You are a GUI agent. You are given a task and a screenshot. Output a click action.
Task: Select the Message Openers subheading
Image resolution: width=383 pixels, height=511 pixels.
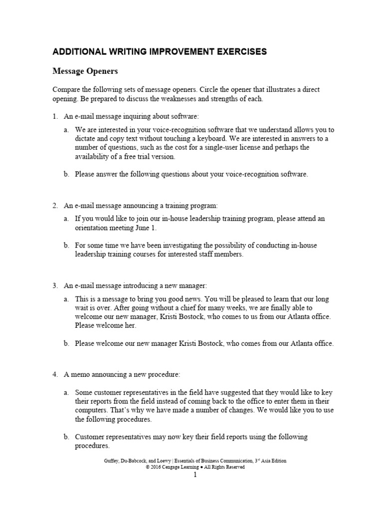85,71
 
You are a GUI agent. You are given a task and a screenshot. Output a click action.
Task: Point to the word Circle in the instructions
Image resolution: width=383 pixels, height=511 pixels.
213,89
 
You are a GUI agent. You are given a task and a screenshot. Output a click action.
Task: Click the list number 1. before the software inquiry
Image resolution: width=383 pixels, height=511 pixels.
56,116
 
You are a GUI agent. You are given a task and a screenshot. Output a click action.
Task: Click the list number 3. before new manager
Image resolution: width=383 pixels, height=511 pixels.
56,285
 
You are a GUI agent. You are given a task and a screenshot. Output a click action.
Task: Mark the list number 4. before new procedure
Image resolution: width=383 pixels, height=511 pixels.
56,374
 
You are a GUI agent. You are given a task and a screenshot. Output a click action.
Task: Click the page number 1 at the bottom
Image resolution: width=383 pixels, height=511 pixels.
195,475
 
